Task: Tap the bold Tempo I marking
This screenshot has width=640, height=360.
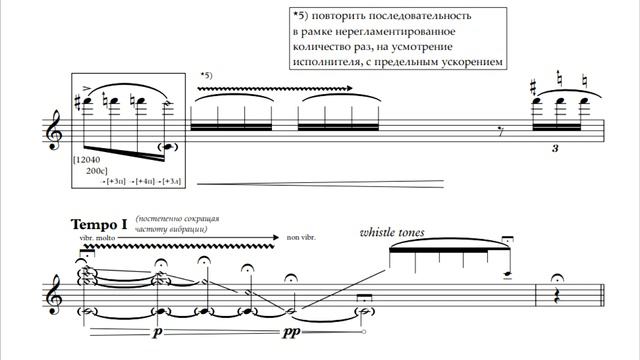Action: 100,225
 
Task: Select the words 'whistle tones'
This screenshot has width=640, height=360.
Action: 393,233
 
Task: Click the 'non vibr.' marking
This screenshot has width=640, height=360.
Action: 301,238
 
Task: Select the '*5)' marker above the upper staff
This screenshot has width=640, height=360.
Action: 207,76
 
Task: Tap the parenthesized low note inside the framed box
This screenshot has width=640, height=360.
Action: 169,147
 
